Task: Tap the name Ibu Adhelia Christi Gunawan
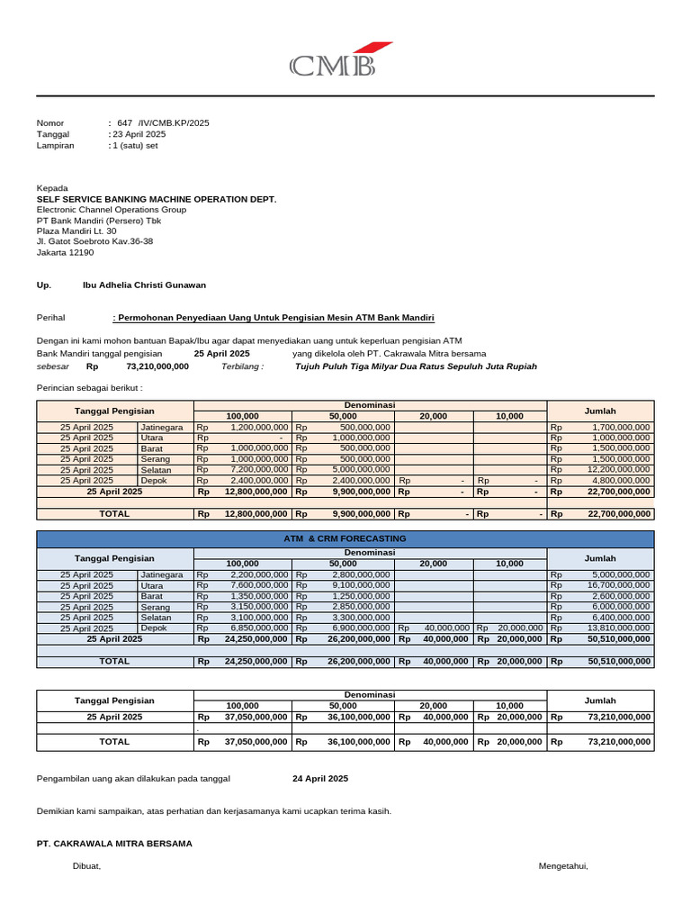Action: [x=144, y=285]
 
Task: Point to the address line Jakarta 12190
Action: [x=65, y=253]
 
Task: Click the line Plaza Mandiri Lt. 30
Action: [x=76, y=231]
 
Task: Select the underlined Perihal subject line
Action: [x=274, y=318]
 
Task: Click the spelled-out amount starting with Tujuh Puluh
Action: [x=416, y=366]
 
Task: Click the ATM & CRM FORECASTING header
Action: [x=345, y=538]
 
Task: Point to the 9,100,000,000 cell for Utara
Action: [x=361, y=585]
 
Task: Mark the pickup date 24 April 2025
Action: [x=320, y=778]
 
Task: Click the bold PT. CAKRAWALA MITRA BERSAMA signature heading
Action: [x=114, y=844]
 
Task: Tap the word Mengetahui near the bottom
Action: [x=562, y=866]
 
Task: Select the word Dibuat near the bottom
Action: [x=86, y=866]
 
